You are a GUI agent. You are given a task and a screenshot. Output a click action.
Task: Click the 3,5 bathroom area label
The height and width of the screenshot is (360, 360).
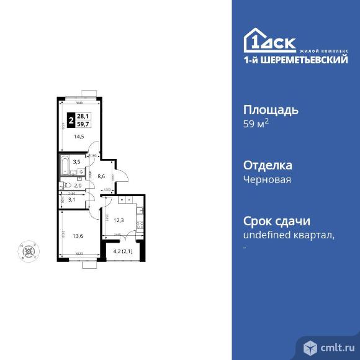click(77, 163)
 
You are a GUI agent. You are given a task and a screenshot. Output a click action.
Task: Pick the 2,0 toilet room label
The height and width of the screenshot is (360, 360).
click(78, 185)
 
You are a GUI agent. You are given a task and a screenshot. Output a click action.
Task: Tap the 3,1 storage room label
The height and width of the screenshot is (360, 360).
click(71, 199)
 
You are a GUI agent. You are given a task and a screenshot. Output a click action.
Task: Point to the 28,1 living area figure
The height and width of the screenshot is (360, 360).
click(83, 115)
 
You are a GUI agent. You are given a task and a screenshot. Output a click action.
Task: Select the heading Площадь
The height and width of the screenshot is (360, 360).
click(271, 110)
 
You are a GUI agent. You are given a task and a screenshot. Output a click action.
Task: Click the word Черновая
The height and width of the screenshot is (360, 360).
click(267, 179)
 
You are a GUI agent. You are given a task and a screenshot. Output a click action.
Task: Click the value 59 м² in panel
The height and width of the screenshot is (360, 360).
click(256, 124)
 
